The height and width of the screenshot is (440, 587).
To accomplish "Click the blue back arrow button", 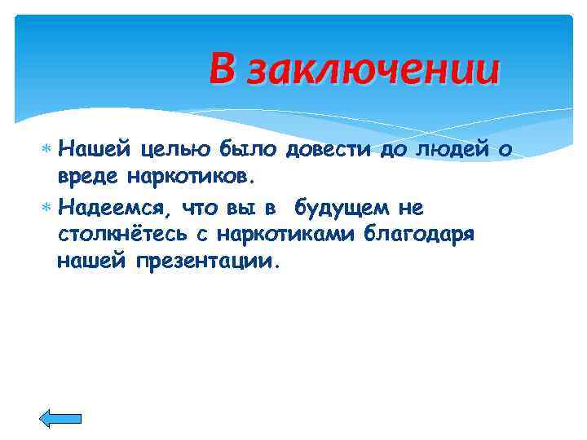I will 61,418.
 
